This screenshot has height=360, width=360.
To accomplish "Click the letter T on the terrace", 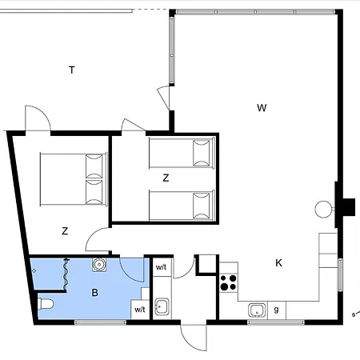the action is point(72,70).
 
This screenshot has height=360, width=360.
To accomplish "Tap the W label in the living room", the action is point(262,108).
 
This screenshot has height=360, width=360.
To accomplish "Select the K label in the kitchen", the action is point(278,263).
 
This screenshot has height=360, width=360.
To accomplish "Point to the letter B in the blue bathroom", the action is point(94,293).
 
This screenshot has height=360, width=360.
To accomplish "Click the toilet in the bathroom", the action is point(46,304).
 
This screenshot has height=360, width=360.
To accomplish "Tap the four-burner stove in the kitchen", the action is point(229,282).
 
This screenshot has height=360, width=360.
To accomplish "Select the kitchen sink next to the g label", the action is point(257,310).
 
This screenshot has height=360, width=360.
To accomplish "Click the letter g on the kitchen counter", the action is point(276,310).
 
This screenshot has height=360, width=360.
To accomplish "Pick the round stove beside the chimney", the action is point(323,210).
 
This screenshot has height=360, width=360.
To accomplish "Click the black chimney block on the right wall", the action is point(349,206).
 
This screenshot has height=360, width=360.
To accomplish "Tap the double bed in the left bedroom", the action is point(74,179).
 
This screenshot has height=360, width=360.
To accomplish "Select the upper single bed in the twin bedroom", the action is point(182,153).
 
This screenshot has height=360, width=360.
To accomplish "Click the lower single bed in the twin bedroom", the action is point(182,206).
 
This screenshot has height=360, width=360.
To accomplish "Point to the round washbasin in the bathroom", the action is point(99,265).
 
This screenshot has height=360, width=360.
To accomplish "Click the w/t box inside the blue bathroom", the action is point(140,310).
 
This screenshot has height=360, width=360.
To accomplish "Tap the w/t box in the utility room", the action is point(162,267).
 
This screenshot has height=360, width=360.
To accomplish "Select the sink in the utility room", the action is point(162,306).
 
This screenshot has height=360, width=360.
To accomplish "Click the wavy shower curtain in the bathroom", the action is point(66,274).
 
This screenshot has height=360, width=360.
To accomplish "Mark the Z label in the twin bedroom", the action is point(166,178).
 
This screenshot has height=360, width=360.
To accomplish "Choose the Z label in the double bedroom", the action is point(65,231).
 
